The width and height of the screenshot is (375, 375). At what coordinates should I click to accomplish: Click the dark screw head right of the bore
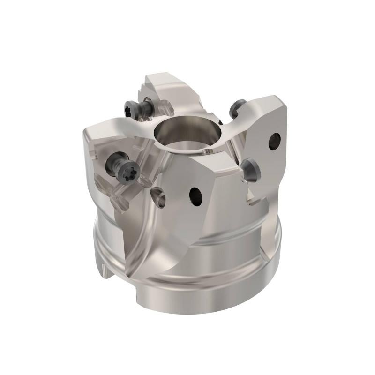point(237,109)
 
